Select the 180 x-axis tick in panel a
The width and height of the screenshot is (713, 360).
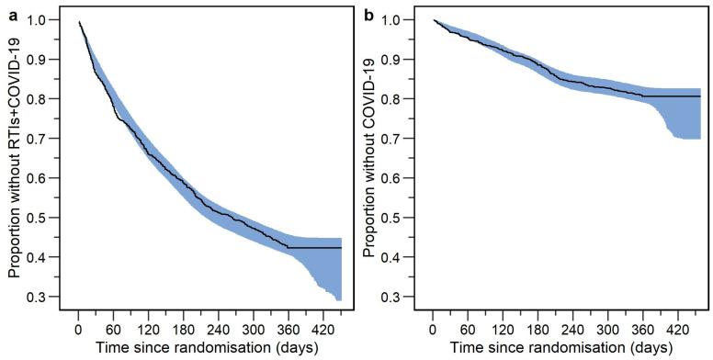click(x=183, y=327)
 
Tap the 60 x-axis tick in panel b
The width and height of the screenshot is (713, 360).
click(x=468, y=327)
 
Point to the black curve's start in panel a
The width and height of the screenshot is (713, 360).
click(x=79, y=22)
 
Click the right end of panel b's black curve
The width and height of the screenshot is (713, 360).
click(x=700, y=96)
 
